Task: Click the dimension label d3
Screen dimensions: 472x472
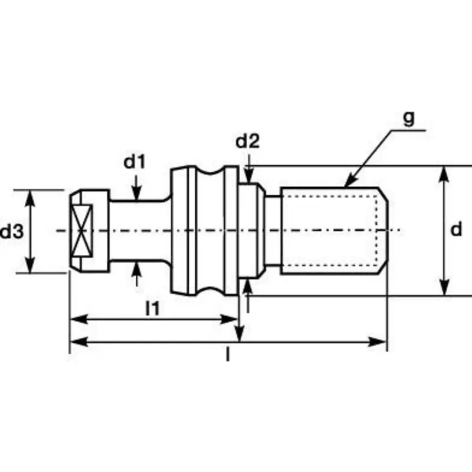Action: point(11,232)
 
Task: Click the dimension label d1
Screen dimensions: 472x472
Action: point(135,162)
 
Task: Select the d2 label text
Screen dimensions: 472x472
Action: point(247,142)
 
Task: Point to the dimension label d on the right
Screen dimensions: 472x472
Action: point(456,230)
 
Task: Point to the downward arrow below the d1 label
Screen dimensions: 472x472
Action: point(137,195)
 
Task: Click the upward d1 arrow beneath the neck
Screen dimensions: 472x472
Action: point(137,268)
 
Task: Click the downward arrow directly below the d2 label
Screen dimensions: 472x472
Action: point(250,176)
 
